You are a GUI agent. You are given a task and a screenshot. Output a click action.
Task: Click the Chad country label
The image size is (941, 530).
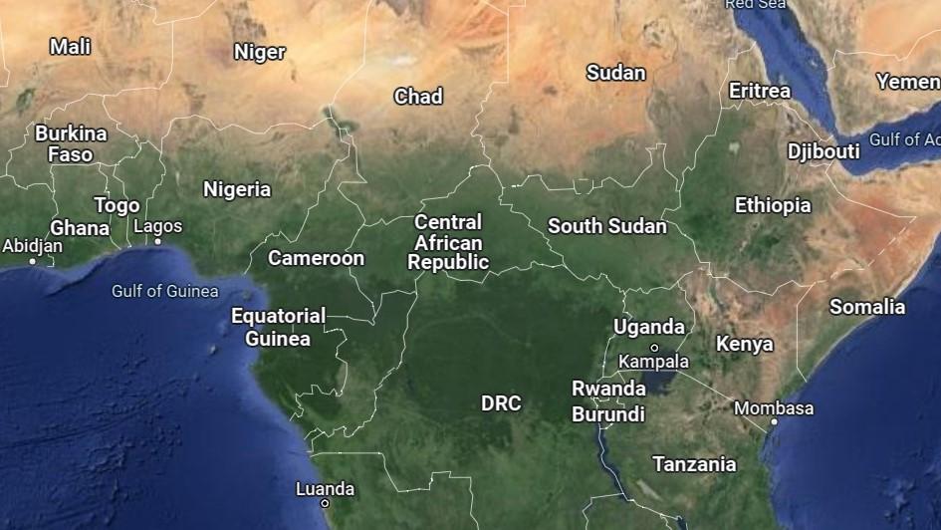tap(418, 97)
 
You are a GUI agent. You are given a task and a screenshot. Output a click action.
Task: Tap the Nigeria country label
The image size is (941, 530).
tap(237, 189)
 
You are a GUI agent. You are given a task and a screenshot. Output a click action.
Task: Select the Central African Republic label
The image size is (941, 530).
tap(448, 242)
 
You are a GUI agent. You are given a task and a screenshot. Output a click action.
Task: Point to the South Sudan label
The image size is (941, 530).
tap(607, 226)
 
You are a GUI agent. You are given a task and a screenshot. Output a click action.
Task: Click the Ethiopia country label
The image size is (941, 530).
tap(773, 205)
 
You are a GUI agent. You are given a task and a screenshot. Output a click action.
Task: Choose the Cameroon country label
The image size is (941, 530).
tap(317, 258)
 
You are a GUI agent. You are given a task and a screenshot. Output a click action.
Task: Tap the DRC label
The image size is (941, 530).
tap(501, 403)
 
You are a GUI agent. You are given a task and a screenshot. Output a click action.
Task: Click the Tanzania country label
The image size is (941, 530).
tap(694, 464)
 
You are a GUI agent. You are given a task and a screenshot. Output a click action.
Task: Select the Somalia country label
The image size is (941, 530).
tap(867, 307)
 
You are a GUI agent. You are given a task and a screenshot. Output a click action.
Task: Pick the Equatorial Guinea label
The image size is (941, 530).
tap(278, 328)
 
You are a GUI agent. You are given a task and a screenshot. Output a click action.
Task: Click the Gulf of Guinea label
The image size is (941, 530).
tap(165, 291)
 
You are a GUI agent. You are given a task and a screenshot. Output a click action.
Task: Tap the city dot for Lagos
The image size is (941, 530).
tap(157, 241)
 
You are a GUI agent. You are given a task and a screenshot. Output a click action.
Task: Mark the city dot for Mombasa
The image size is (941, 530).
tap(774, 421)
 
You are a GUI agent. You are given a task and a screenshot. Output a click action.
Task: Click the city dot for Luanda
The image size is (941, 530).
tap(325, 503)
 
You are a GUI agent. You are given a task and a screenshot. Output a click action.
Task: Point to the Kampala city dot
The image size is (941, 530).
tap(654, 348)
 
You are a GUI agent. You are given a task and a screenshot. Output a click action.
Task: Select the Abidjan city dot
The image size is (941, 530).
tap(33, 261)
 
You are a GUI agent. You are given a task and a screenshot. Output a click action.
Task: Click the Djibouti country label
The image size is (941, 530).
tap(823, 151)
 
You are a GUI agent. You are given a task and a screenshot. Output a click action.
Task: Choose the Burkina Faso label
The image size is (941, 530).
tap(70, 143)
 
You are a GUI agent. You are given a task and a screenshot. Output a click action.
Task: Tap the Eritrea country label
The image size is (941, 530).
tap(760, 91)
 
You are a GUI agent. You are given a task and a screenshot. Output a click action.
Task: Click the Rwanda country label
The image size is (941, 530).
tap(608, 389)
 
